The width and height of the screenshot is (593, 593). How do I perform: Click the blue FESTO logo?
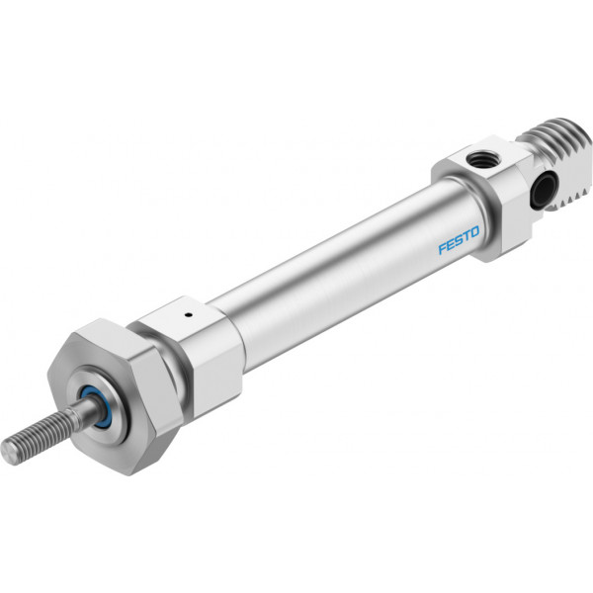pyautogui.click(x=459, y=240)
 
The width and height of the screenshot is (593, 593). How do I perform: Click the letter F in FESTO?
pyautogui.click(x=442, y=249)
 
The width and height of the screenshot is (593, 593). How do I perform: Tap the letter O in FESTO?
pyautogui.click(x=475, y=231)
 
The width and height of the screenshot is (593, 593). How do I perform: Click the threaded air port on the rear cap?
pyautogui.click(x=478, y=159)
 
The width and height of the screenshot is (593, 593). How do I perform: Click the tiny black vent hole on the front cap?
pyautogui.click(x=188, y=313)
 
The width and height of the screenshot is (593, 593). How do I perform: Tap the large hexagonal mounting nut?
pyautogui.click(x=114, y=395)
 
